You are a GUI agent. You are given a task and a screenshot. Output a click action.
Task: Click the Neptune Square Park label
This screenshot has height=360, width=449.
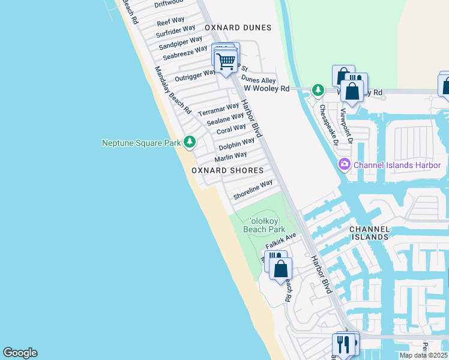point(142,143)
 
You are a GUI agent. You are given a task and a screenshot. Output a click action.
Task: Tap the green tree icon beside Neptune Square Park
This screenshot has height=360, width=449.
point(190,142)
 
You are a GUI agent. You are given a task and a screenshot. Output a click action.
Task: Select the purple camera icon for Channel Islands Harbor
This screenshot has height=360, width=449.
point(345,164)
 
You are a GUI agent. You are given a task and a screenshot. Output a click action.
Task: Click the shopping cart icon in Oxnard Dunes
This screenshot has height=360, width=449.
point(226,61)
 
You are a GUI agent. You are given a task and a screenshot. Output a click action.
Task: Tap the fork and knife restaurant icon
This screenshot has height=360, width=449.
point(343,345)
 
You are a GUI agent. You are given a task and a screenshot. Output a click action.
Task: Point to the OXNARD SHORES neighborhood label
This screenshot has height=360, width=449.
point(228,170)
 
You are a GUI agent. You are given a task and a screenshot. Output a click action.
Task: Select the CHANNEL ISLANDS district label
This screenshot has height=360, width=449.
point(370,233)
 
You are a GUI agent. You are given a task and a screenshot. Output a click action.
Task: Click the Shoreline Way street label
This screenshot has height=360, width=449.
point(253,189)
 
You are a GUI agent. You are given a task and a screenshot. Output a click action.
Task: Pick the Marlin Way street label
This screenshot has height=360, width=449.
point(231,156)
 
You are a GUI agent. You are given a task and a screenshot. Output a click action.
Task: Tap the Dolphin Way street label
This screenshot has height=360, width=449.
point(237,143)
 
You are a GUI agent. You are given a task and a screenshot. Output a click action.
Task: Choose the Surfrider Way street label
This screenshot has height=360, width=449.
point(176,31)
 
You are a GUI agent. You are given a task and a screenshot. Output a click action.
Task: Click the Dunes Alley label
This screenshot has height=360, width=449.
point(259,79)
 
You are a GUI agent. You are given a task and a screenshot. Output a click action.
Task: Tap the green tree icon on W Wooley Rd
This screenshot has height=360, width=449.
point(318,91)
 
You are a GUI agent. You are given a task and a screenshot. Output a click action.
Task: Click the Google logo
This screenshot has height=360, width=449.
point(20,353)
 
